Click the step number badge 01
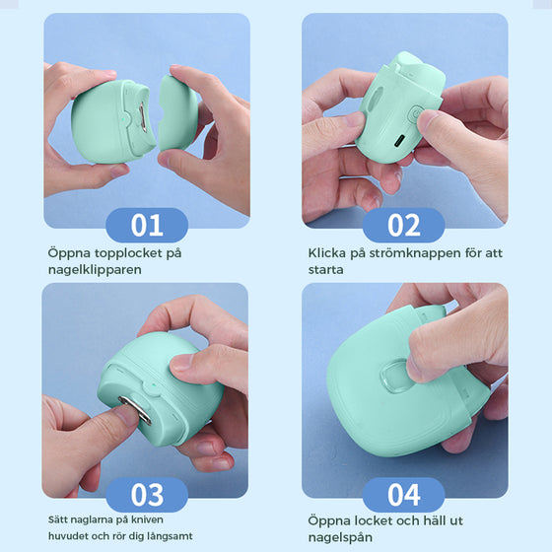147,225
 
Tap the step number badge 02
404,225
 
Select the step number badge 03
147,494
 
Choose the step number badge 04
404,494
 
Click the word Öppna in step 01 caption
69,253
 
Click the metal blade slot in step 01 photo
146,121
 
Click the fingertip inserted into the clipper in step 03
124,415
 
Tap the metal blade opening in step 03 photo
137,403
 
